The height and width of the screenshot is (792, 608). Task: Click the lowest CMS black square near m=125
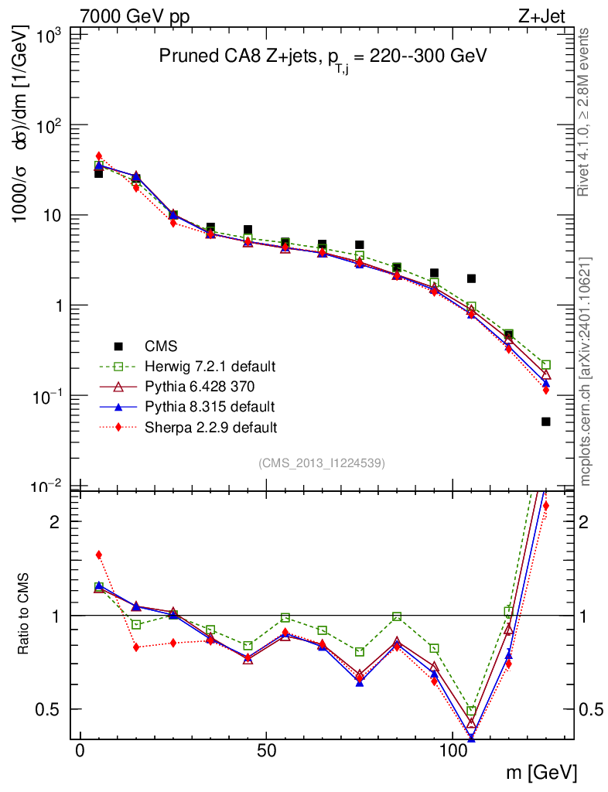pos(546,422)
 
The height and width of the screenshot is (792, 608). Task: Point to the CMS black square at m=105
pos(471,278)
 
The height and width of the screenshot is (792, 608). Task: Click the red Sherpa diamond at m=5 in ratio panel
pos(98,555)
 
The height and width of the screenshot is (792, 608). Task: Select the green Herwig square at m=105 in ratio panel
pos(471,711)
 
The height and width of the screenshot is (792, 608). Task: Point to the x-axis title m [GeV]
pos(541,773)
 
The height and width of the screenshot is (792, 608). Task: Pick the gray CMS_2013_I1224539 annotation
pos(322,463)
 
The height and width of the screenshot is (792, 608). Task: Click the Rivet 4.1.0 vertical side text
pos(585,112)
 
